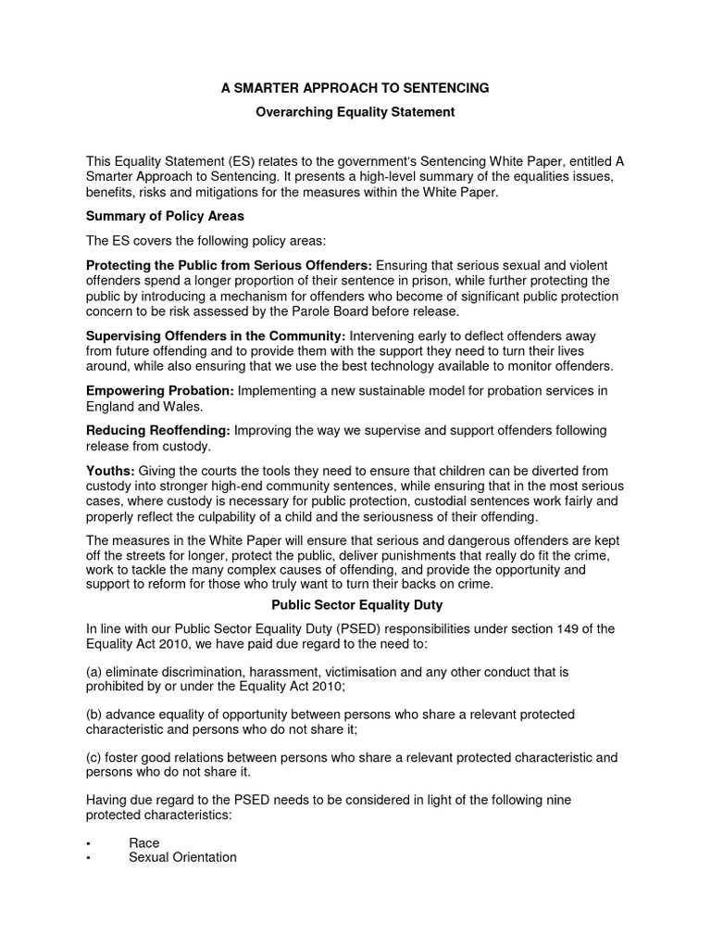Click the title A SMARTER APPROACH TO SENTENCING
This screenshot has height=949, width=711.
(355, 88)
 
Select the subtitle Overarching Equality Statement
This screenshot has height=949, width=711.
(355, 112)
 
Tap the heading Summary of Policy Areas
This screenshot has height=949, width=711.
(165, 216)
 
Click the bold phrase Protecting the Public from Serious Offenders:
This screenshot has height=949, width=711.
(230, 265)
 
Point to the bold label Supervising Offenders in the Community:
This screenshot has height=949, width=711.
(216, 335)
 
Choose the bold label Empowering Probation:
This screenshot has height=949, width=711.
(160, 391)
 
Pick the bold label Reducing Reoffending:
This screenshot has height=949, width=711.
(158, 431)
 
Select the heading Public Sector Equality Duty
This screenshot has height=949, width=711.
(355, 605)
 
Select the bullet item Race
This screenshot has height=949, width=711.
(144, 843)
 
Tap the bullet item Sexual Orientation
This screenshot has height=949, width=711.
(182, 857)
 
